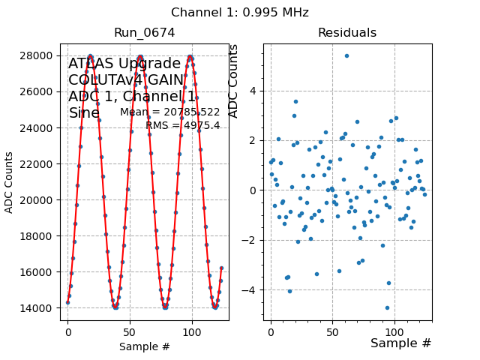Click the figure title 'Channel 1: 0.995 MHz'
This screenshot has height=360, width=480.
point(240,13)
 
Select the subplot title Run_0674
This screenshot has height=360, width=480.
point(145,33)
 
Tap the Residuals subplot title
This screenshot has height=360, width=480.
point(347,33)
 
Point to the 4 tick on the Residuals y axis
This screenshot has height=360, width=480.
point(253,91)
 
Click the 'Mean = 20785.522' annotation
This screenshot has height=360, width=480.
point(170,112)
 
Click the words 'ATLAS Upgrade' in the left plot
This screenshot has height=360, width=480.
point(124,64)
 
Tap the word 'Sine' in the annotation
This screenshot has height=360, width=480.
point(84,113)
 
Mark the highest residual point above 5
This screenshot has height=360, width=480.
point(346,55)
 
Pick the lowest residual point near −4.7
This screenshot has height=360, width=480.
point(387,307)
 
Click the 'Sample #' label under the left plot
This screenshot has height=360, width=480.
point(145,346)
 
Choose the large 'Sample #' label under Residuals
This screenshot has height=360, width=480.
point(401,343)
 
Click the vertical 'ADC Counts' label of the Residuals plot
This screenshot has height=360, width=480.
point(233,81)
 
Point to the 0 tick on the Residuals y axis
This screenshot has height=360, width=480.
point(253,190)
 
